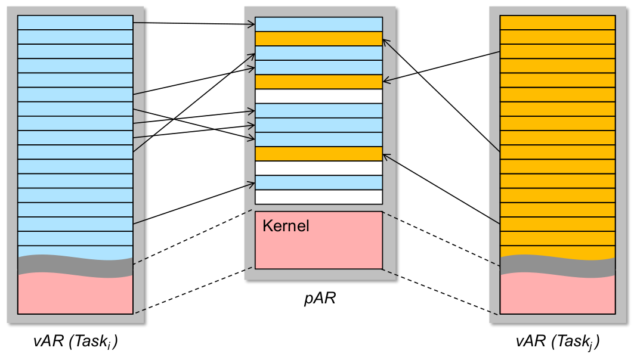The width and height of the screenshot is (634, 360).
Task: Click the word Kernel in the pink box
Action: [286, 226]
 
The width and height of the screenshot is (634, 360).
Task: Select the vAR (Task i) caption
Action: [75, 342]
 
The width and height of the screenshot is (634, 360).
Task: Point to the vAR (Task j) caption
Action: [557, 342]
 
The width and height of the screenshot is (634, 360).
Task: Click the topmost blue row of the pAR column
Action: [318, 24]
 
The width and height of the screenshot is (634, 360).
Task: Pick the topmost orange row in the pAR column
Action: [318, 38]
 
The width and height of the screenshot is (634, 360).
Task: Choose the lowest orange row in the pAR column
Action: [318, 154]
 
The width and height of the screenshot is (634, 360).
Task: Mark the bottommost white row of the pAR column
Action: [318, 197]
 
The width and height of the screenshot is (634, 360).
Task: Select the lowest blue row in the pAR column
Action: [318, 182]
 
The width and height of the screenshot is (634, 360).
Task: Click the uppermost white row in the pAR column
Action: [318, 96]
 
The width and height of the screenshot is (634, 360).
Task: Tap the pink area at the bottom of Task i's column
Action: [75, 295]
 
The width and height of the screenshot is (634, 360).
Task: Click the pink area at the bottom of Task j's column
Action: [557, 295]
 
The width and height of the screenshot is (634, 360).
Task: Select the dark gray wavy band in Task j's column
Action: [557, 266]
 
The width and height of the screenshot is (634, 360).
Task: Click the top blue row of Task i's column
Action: [75, 22]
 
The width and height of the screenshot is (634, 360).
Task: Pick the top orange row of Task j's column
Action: [557, 22]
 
